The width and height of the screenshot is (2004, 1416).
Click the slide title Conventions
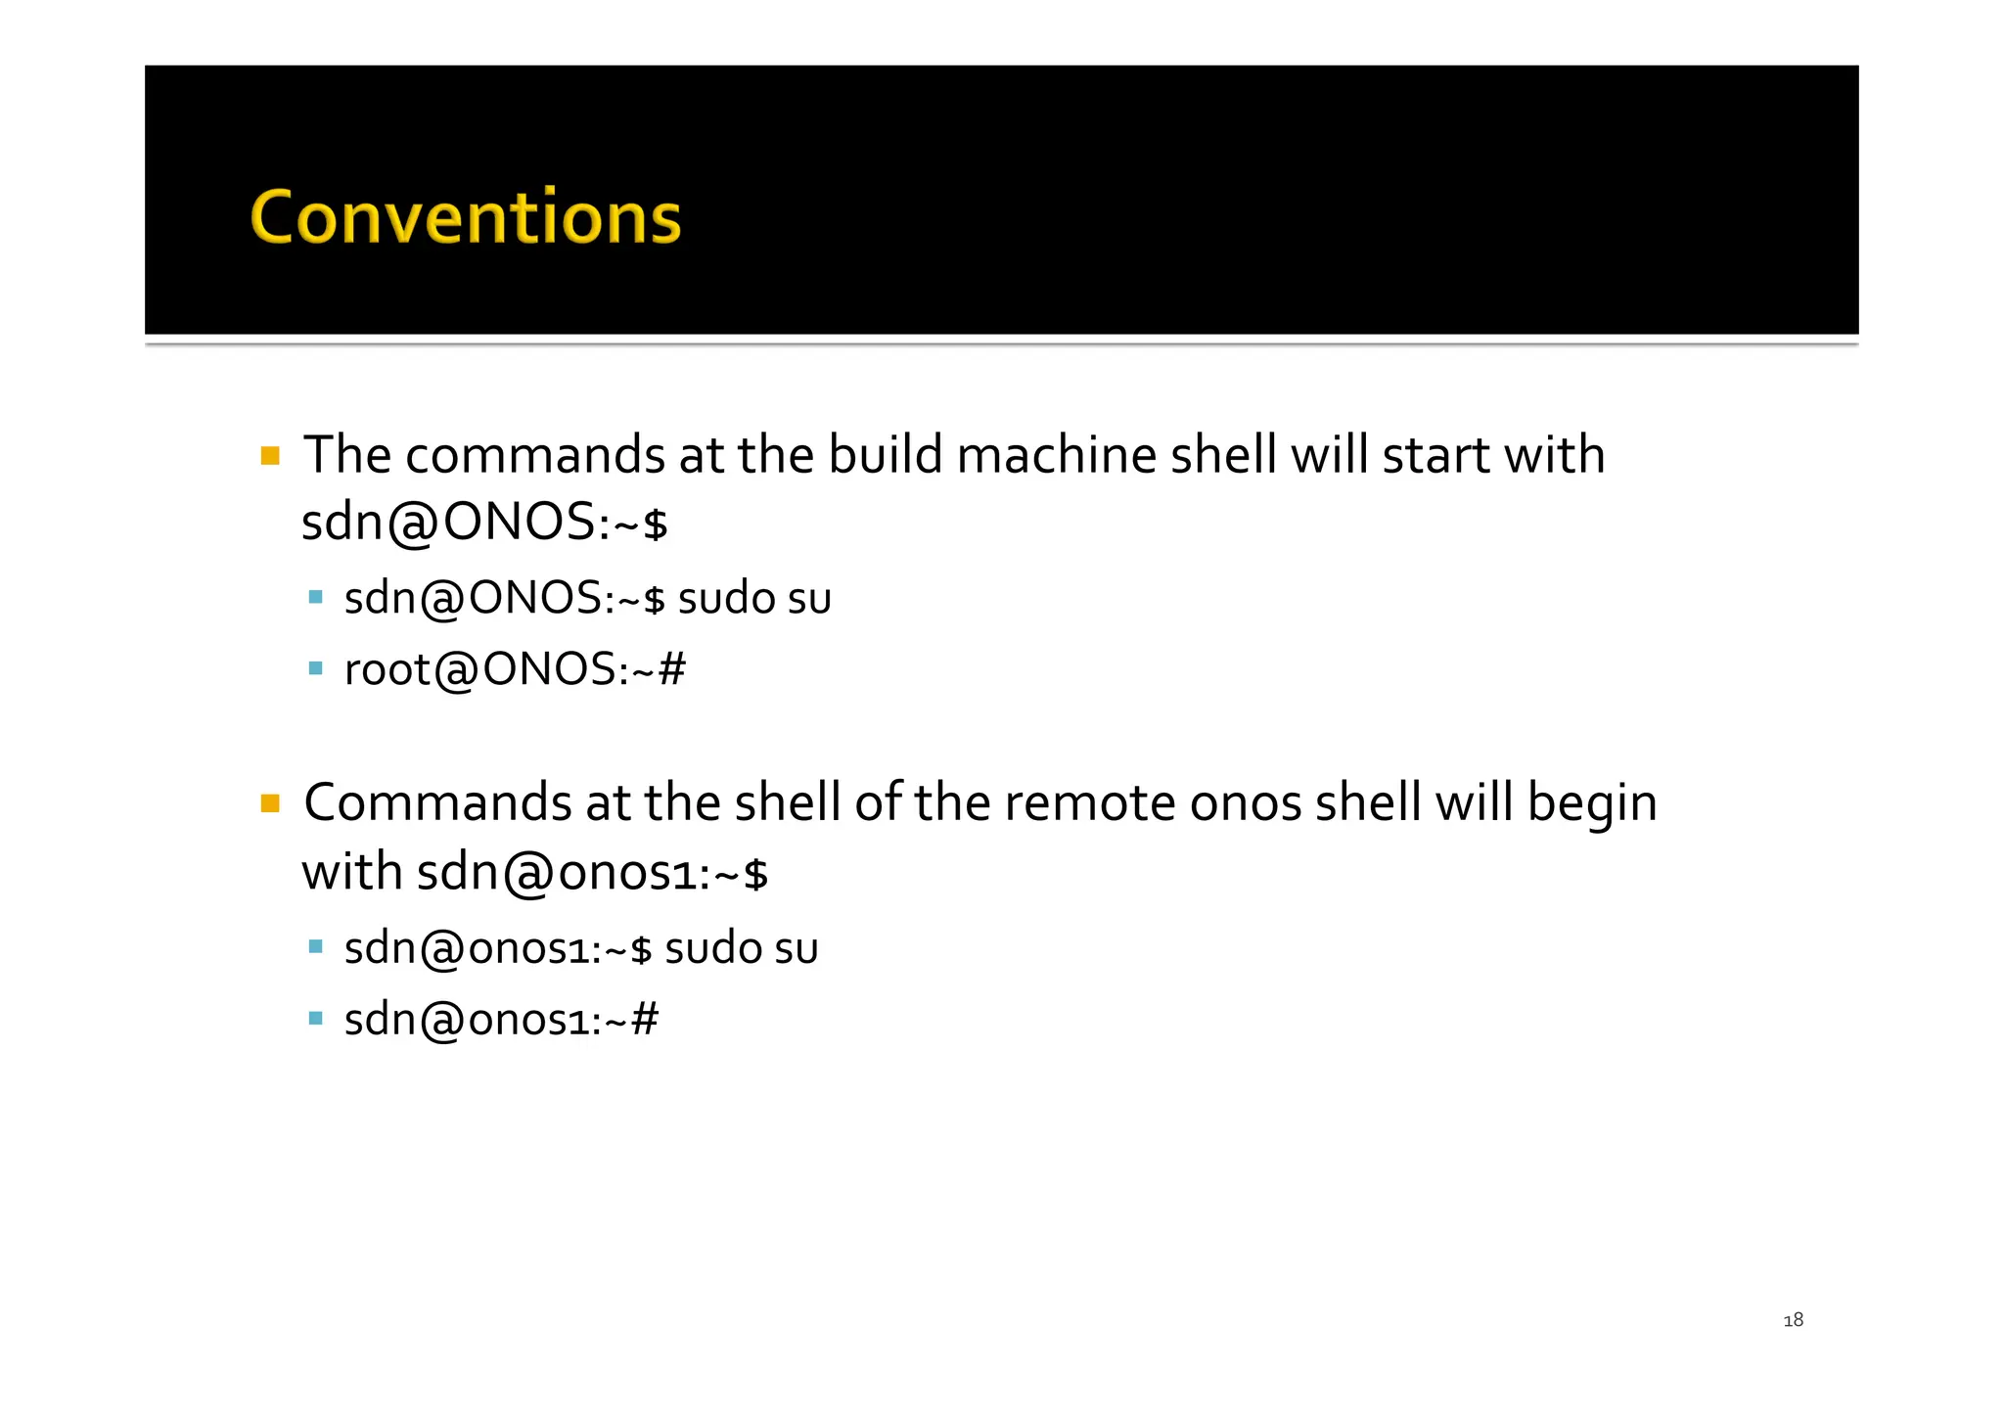[x=466, y=216]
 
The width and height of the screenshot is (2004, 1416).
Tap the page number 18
[x=1793, y=1320]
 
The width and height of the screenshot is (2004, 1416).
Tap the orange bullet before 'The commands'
[x=271, y=456]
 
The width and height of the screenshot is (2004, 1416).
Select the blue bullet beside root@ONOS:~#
[x=315, y=669]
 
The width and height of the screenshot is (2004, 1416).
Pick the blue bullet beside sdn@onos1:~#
[x=315, y=1019]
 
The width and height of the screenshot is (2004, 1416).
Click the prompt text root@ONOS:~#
[x=515, y=670]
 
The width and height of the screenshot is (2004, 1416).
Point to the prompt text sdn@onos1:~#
[x=501, y=1020]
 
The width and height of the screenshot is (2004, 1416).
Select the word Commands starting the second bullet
[x=437, y=803]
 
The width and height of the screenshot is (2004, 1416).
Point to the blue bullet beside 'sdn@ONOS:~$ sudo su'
[x=315, y=597]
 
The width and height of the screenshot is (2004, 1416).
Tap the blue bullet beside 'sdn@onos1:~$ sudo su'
[x=315, y=946]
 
